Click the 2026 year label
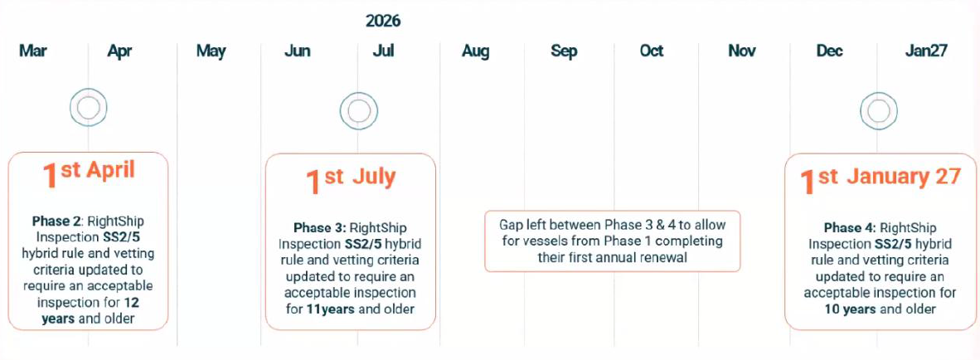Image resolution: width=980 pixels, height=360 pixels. point(383,22)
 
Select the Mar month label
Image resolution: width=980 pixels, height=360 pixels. point(32,51)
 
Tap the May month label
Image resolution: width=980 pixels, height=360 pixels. point(211,51)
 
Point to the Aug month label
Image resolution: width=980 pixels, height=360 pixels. point(476,51)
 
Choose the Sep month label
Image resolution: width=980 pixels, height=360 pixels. point(564,51)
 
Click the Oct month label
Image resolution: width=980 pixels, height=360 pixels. point(651,51)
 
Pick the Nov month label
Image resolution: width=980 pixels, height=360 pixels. point(742,51)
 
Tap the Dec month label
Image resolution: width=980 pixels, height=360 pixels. point(829,51)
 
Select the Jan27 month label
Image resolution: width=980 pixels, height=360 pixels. point(926,51)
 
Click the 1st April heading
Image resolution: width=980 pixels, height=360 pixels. point(88,173)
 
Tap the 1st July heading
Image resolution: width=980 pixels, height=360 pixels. point(351,180)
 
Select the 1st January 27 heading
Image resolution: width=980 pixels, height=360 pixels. point(880,178)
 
